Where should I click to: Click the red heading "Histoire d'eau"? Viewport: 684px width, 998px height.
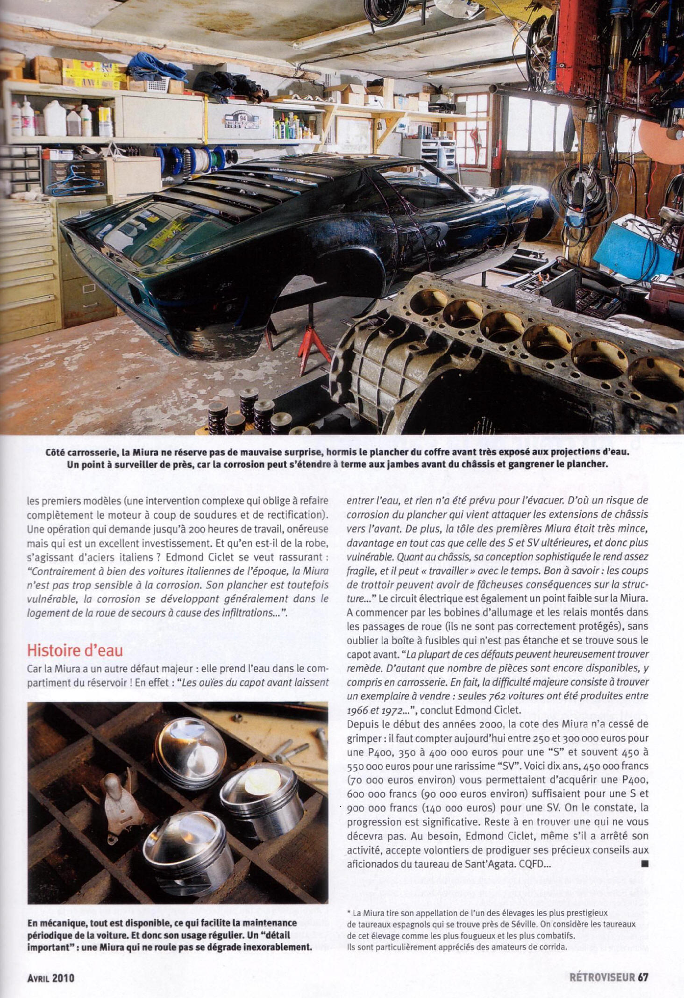click(75, 650)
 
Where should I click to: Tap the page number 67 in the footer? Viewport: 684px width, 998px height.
click(643, 977)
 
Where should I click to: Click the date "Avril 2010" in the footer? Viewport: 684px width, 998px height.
click(50, 977)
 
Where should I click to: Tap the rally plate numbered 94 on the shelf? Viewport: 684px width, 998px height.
click(242, 119)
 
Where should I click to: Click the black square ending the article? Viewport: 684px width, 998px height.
click(645, 864)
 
